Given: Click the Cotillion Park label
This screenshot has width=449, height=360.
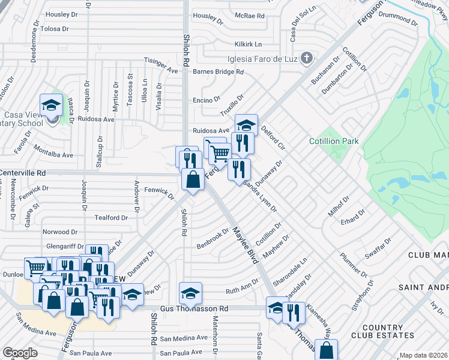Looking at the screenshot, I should [x=334, y=141].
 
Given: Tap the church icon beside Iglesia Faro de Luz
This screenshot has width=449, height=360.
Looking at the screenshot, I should [x=307, y=58].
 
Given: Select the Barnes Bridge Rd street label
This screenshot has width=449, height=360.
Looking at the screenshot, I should [x=218, y=71].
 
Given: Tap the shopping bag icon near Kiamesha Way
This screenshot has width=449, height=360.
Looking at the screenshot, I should [x=326, y=350].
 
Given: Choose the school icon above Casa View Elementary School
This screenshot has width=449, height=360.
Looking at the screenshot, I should [x=52, y=105].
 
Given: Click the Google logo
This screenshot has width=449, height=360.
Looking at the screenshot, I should [x=20, y=353].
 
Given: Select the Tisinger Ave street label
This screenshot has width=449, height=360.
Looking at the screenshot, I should [x=161, y=61].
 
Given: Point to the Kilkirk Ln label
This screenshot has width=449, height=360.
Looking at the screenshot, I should [x=249, y=44].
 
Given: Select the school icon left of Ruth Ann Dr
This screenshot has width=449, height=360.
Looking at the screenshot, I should [x=190, y=293].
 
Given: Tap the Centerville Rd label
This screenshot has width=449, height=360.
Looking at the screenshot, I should [x=23, y=173].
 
